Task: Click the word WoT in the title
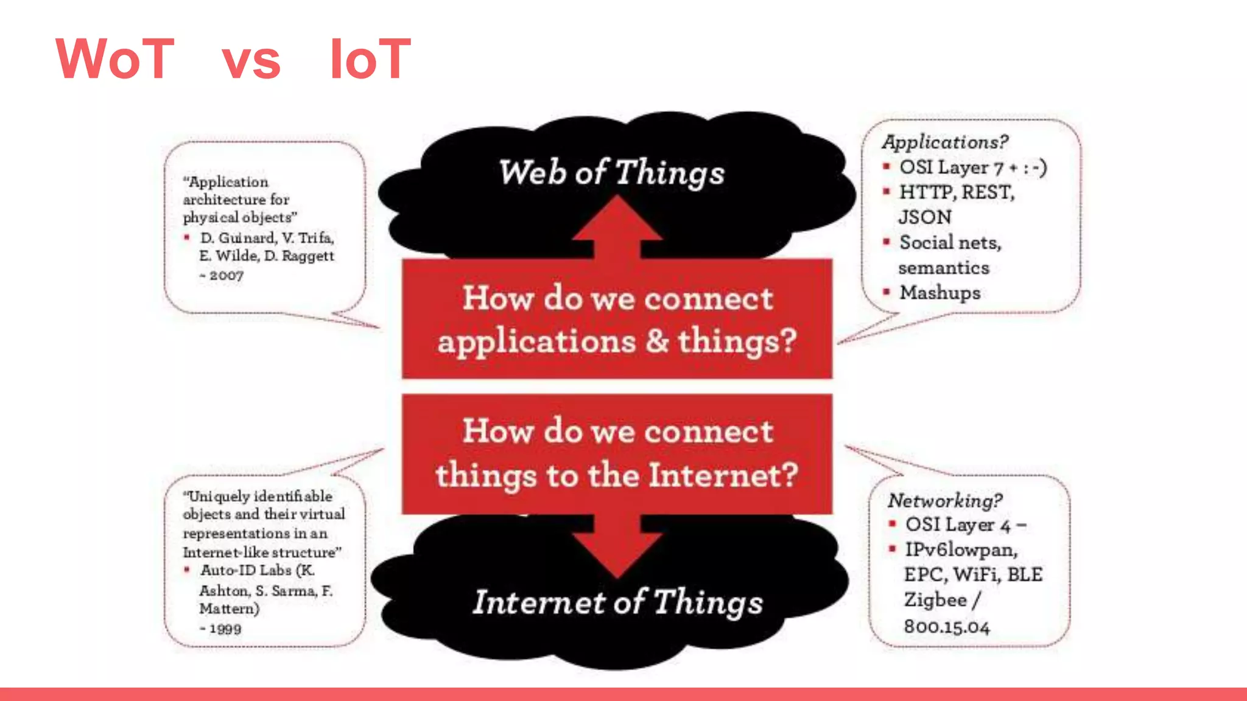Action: coord(115,59)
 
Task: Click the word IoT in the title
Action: coord(370,59)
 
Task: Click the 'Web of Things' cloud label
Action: coord(612,172)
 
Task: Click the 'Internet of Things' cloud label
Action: coord(617,602)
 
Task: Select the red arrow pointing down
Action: coord(617,545)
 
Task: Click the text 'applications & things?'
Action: coord(617,341)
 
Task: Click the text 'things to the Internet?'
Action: coord(617,475)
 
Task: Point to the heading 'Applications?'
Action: coord(945,142)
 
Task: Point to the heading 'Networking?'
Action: coord(944,501)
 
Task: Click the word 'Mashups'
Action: coord(940,293)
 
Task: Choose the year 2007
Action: coord(226,276)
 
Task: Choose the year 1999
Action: coord(225,629)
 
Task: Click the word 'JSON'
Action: coord(925,217)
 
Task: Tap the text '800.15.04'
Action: coord(947,627)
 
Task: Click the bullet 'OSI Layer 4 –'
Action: coord(966,525)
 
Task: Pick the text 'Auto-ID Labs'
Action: coord(246,571)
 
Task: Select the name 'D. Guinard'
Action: coord(237,238)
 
